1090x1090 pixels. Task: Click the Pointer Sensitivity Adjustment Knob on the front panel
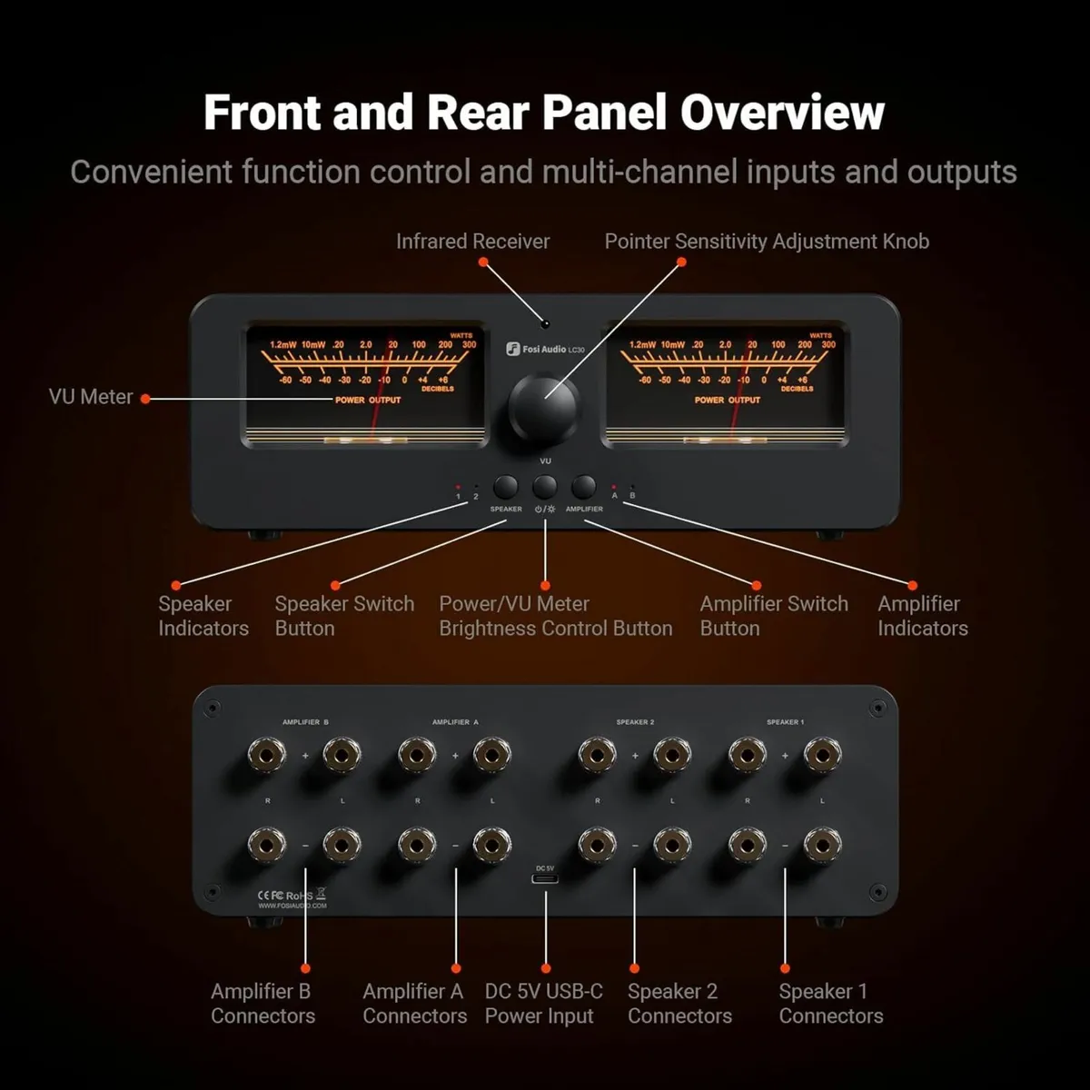click(544, 406)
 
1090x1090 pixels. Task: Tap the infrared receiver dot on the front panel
click(545, 323)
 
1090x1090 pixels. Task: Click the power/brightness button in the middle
click(545, 487)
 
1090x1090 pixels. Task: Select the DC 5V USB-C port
click(545, 881)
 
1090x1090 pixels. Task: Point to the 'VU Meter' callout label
click(91, 397)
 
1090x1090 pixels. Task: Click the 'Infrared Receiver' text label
click(472, 242)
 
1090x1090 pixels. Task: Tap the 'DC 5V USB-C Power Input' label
click(543, 1004)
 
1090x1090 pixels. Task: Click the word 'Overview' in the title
click(782, 113)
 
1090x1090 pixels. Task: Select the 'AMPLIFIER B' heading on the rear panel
click(305, 722)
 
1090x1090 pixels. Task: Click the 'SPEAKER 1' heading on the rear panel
click(785, 722)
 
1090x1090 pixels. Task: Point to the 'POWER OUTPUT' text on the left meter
click(368, 400)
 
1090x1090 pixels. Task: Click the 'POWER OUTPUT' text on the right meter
click(728, 400)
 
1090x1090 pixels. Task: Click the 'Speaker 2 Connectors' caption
click(679, 1004)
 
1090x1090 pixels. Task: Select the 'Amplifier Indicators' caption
click(922, 616)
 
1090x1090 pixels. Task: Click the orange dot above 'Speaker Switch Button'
click(335, 586)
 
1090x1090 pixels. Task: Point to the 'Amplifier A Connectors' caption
click(414, 1004)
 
